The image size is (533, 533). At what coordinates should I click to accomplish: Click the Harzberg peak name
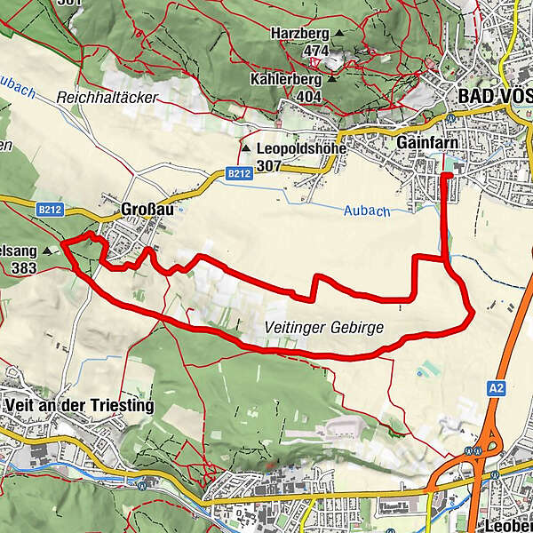300,34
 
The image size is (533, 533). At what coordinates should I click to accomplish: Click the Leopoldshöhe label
300,148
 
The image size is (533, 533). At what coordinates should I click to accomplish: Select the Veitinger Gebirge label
324,328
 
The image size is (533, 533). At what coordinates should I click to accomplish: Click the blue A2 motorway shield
496,387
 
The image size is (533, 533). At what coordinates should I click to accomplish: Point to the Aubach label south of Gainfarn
366,211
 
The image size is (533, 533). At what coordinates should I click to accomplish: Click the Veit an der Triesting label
78,406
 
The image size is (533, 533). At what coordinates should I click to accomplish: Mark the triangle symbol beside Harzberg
338,35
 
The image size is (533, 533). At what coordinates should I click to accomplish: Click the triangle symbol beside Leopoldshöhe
246,148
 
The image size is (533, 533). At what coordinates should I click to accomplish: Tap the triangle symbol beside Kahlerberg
331,79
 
